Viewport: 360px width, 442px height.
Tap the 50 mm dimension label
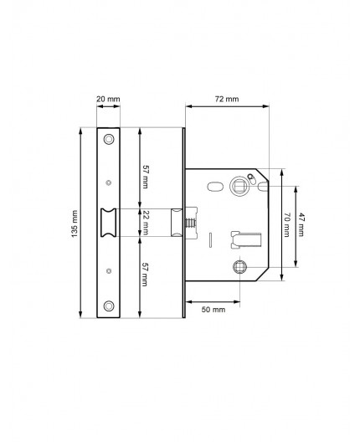214,310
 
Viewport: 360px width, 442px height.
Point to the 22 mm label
146,222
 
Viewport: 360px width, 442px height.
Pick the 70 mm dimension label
287,223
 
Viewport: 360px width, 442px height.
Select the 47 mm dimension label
303,223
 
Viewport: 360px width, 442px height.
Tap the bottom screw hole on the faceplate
109,306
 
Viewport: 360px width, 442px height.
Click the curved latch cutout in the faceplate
109,223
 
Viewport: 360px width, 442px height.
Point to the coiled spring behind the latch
192,224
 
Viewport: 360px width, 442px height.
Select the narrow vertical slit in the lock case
210,241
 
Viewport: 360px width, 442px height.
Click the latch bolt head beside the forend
176,223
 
